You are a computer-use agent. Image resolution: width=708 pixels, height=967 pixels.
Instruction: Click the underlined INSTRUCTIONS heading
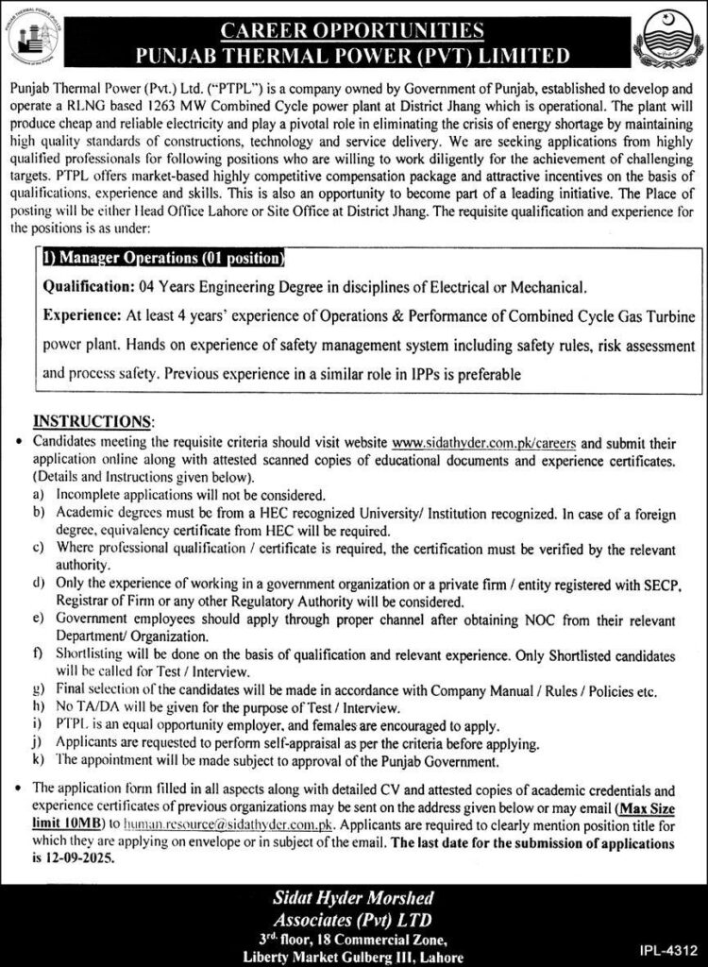(x=93, y=420)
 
